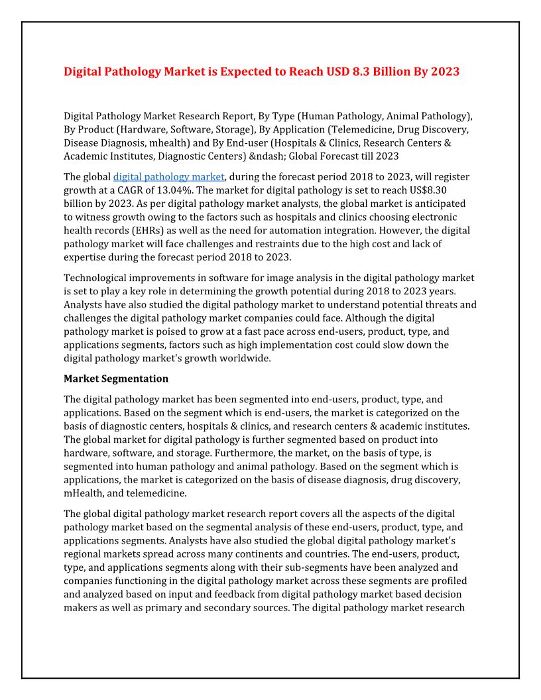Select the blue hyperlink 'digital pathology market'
[169, 177]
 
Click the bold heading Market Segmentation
[116, 379]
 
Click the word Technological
[97, 278]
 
